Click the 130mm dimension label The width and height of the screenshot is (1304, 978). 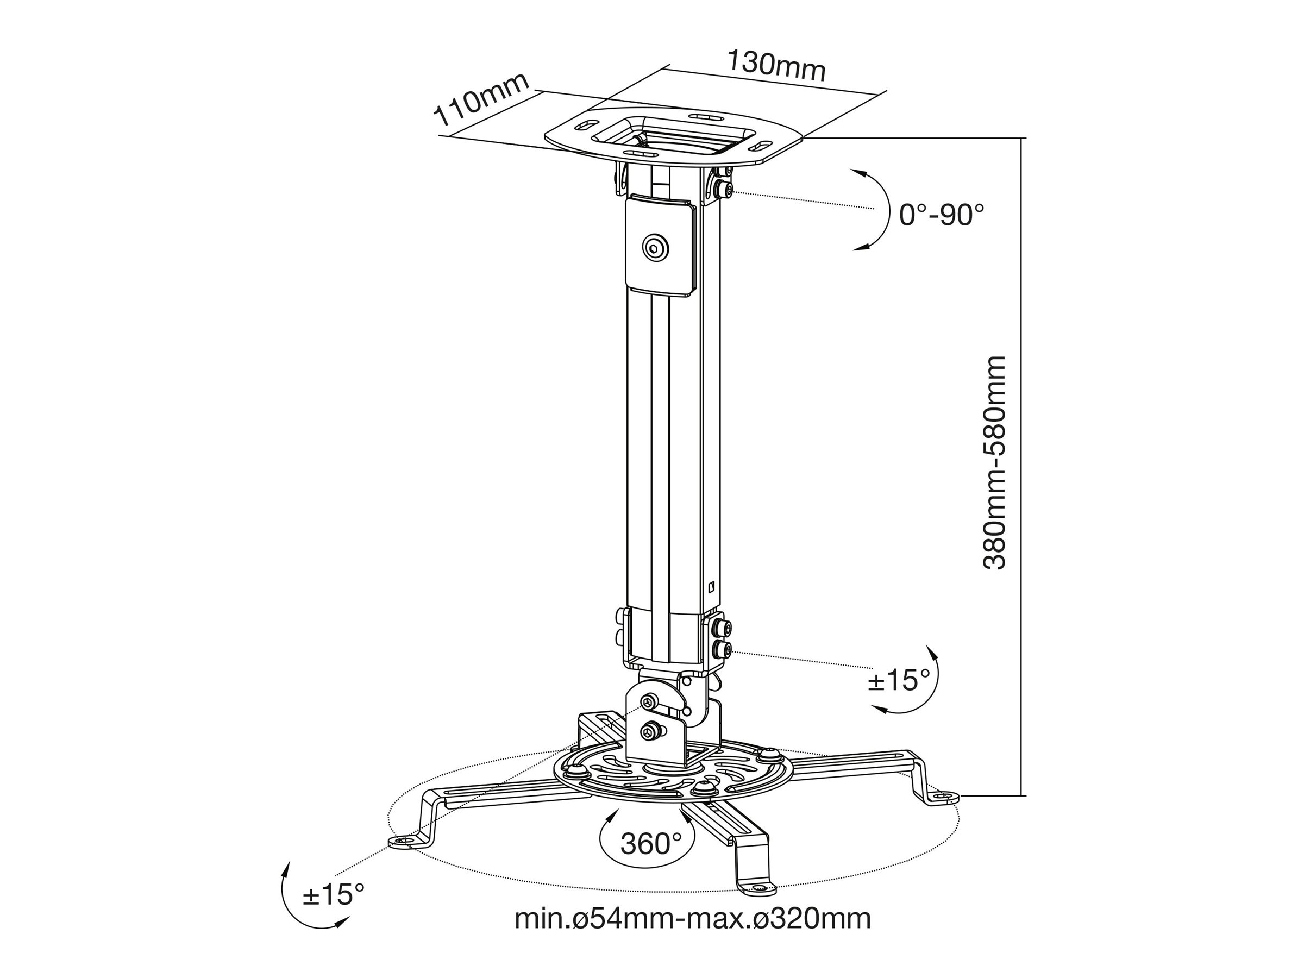[776, 65]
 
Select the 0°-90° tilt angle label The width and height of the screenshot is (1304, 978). [942, 215]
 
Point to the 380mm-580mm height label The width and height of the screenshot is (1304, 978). [994, 462]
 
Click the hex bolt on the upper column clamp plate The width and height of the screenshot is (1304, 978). [656, 249]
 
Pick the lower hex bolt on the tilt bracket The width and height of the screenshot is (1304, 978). [650, 731]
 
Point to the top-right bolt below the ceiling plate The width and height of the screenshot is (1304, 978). [723, 189]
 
